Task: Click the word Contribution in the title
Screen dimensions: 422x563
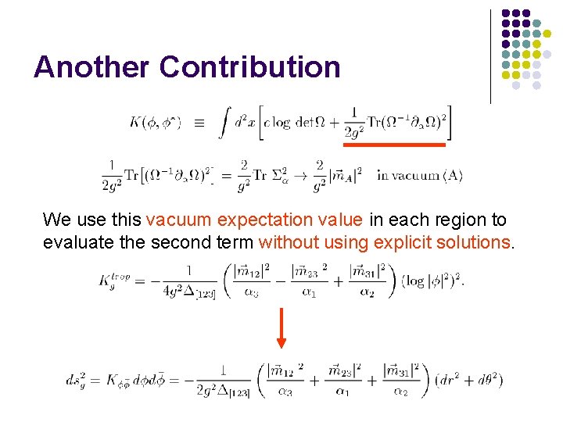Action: coord(250,67)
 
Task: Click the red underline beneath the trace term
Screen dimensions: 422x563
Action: coord(395,145)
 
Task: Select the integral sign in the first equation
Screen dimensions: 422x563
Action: coord(224,123)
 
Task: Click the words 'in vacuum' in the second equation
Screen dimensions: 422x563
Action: coord(407,175)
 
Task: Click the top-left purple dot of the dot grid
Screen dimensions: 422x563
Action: coord(506,14)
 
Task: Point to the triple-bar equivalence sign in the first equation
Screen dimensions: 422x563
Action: coord(198,123)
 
